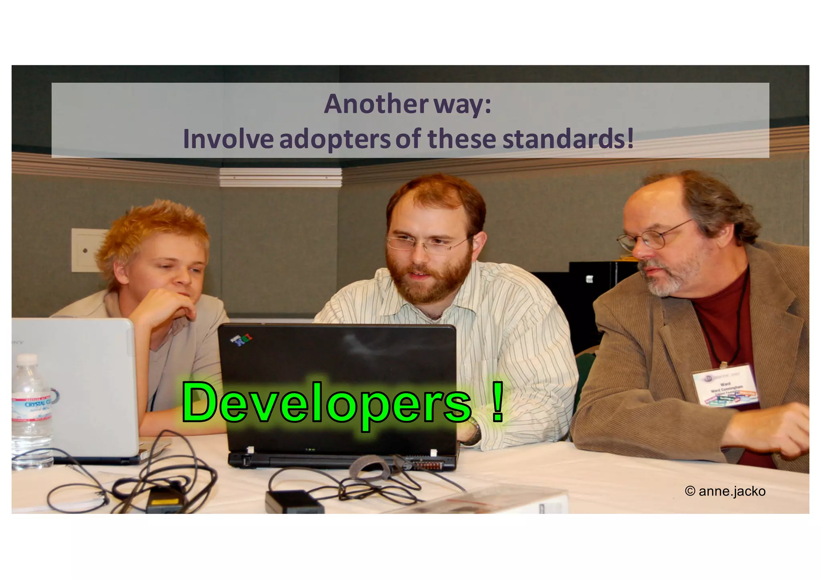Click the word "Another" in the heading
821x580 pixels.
[376, 104]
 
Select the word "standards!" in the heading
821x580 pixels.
[568, 139]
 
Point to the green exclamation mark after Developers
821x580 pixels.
[497, 402]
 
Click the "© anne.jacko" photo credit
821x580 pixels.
[725, 491]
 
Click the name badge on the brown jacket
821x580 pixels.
[725, 385]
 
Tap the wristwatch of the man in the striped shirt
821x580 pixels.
[474, 431]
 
